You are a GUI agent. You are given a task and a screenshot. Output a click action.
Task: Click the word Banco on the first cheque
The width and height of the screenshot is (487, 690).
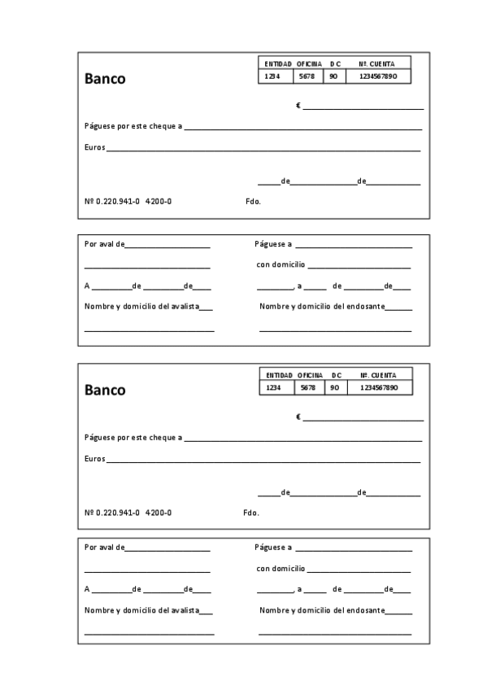pos(105,80)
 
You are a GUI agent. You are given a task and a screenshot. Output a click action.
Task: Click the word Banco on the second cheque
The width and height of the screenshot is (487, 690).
pos(105,390)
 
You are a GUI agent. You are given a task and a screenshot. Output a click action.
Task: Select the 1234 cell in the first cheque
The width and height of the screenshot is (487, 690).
pos(272,76)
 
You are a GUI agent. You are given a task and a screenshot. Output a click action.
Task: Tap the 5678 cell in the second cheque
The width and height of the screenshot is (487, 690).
pos(307,387)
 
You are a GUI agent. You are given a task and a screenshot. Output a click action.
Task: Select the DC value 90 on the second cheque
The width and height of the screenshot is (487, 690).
pos(334,387)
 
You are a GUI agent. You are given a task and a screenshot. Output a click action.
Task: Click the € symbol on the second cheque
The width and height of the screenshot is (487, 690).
pos(298,417)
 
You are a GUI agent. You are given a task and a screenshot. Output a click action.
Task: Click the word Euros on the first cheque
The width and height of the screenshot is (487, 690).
pos(94,148)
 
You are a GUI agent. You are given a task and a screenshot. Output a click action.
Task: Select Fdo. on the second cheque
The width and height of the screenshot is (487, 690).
pos(251,513)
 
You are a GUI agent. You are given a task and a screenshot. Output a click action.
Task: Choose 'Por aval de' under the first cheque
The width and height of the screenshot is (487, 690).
pos(104,243)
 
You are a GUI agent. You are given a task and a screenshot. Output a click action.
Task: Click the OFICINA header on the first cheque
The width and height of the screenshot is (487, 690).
pos(308,63)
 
